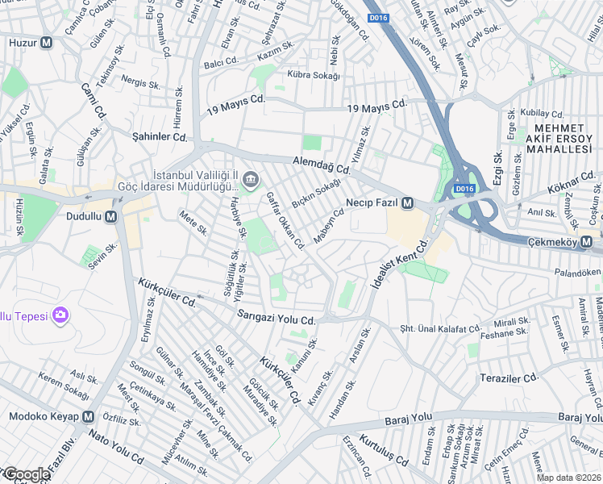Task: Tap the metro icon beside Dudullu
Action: click(110, 216)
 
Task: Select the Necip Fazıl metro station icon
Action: click(408, 202)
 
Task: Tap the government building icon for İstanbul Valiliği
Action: click(250, 178)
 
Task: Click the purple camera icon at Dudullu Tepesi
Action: click(59, 315)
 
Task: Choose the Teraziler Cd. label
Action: click(509, 378)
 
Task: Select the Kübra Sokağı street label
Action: click(309, 75)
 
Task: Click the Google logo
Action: click(26, 474)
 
